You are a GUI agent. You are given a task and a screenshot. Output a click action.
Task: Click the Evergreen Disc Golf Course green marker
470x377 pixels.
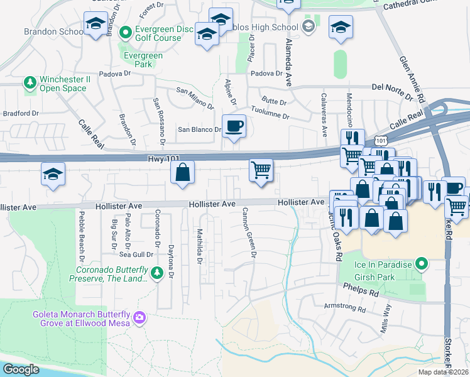(125, 31)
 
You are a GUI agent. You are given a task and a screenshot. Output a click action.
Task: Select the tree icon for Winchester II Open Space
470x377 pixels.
(30, 82)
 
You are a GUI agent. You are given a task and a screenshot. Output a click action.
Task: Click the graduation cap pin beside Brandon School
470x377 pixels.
(95, 26)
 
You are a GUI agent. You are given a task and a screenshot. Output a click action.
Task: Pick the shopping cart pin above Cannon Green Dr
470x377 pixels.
(261, 170)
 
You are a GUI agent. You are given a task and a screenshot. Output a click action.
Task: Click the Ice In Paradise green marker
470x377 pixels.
(423, 264)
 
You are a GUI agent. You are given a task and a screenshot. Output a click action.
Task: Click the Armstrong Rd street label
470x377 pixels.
(344, 309)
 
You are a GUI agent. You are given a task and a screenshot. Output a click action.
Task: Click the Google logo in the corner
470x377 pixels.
(21, 369)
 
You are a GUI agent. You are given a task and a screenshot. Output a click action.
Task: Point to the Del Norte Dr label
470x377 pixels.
(395, 87)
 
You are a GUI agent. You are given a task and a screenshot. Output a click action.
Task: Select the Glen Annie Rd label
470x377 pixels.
(412, 79)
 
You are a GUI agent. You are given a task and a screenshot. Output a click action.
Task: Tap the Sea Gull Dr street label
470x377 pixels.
(136, 254)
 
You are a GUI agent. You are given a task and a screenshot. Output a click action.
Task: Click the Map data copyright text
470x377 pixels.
(443, 372)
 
